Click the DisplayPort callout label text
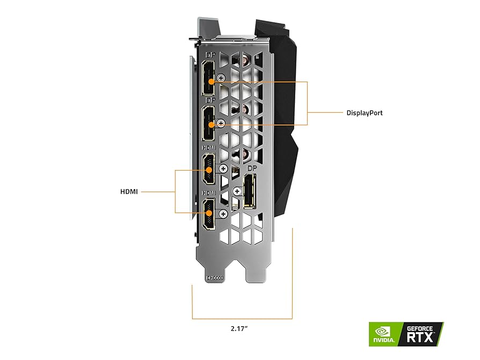click(365, 113)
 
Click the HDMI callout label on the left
click(129, 191)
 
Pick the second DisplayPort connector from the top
click(208, 123)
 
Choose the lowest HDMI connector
click(208, 214)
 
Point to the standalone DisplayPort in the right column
click(250, 191)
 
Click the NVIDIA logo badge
click(383, 334)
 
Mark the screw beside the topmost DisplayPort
click(220, 78)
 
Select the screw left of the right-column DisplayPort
click(237, 190)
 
